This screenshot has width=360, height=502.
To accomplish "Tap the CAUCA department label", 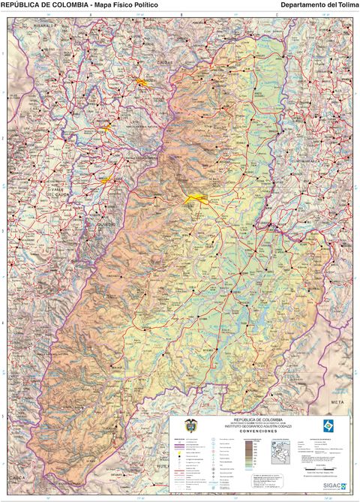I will pyautogui.click(x=16, y=477).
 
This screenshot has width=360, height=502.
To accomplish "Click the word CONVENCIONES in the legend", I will pyautogui.click(x=258, y=431).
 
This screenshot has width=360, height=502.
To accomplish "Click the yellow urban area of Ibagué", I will pyautogui.click(x=195, y=198).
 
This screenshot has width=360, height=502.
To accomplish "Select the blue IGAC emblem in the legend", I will pyautogui.click(x=328, y=425).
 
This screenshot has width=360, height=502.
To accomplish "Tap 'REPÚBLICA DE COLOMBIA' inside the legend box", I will pyautogui.click(x=258, y=419).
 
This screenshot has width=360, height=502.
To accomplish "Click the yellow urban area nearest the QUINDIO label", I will pyautogui.click(x=106, y=179).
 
